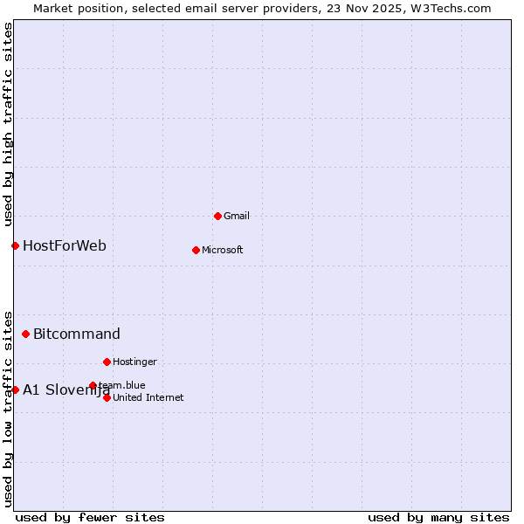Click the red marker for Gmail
coord(217,216)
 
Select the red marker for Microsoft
coord(196,250)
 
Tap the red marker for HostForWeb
coord(15,245)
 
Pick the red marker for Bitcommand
coord(25,334)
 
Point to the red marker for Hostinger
coord(107,362)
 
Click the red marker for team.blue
coord(93,385)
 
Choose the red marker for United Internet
coord(107,397)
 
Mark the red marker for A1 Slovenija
coord(15,390)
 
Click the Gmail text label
coord(237,216)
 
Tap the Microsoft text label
coord(223,250)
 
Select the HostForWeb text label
coord(65,245)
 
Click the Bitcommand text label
coord(77,334)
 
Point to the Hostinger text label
coord(134,362)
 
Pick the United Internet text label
coord(148,397)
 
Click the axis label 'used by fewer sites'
coord(90,517)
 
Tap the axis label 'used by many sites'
coord(438,517)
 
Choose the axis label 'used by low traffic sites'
coord(8,408)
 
